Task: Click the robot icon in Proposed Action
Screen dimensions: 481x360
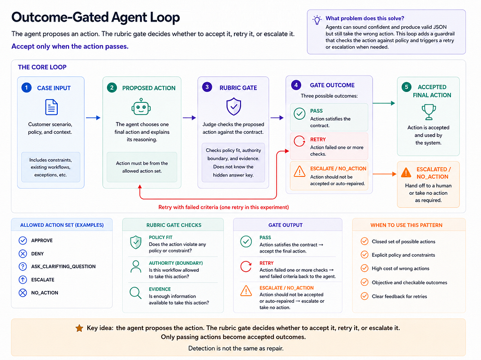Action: tap(141, 107)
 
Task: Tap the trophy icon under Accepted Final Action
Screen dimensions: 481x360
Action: tap(428, 112)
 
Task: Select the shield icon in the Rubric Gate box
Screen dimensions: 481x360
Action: tap(234, 107)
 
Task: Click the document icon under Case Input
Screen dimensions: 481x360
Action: tap(51, 107)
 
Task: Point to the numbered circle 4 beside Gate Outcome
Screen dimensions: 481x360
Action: tap(296, 85)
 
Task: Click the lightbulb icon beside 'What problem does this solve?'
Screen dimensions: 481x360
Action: tap(317, 20)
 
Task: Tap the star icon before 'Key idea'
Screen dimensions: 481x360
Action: tap(79, 328)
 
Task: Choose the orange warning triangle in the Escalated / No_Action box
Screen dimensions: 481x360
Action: tap(406, 172)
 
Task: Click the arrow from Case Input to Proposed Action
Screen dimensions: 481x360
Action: tap(93, 118)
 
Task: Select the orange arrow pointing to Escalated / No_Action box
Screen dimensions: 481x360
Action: tap(385, 174)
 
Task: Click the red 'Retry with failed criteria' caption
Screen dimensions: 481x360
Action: tap(223, 207)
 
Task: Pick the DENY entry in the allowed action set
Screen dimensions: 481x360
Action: tap(38, 253)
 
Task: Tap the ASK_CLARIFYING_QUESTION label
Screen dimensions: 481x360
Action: tap(63, 267)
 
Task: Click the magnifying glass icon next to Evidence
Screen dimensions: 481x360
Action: tap(136, 293)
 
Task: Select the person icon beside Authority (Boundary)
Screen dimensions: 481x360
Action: tap(136, 267)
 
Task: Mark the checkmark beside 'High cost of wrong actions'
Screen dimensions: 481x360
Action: tap(365, 268)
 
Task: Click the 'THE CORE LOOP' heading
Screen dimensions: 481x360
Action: tap(42, 67)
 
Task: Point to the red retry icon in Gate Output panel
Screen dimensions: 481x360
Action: tap(246, 267)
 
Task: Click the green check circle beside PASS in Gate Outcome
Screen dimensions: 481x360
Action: tap(299, 114)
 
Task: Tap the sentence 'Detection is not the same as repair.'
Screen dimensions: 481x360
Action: tap(236, 348)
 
